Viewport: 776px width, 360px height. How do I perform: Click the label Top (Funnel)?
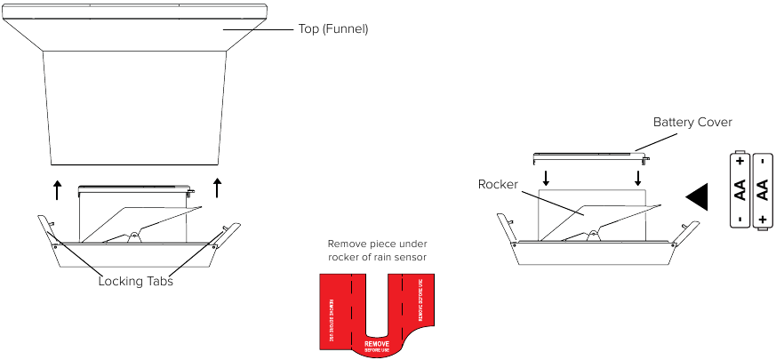pos(332,29)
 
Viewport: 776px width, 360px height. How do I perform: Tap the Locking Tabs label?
pos(135,281)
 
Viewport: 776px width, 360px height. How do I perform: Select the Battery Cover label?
pos(692,122)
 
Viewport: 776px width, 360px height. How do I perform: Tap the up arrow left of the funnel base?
pos(57,189)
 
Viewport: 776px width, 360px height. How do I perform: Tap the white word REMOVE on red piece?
pos(377,341)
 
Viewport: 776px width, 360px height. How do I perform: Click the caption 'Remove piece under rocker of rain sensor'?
pos(377,250)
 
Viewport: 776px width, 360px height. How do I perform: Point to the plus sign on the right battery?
pos(762,219)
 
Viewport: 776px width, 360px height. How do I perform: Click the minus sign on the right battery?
pos(762,163)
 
